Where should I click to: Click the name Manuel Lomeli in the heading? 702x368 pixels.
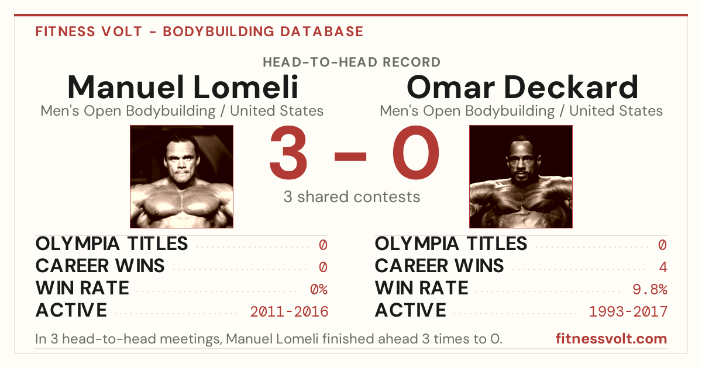click(183, 87)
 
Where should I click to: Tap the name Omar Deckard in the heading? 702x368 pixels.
click(522, 87)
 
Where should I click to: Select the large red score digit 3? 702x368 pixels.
click(288, 152)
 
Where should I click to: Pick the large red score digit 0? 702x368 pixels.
click(416, 152)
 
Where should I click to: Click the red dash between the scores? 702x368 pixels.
click(350, 156)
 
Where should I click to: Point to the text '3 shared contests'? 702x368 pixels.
click(352, 197)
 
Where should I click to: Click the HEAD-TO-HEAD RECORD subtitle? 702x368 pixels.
click(352, 63)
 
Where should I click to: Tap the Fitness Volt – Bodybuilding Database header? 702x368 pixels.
click(199, 32)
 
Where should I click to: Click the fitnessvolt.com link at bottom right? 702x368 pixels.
click(611, 339)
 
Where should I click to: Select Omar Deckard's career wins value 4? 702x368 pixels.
click(663, 267)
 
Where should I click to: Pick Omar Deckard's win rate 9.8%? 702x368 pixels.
click(650, 289)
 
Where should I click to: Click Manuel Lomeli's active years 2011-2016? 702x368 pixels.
click(289, 312)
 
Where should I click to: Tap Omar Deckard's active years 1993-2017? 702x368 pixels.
click(628, 312)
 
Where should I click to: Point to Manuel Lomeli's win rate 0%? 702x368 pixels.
click(319, 289)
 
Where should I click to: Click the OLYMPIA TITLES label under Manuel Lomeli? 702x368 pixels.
click(112, 244)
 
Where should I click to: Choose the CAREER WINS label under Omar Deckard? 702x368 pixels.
click(439, 266)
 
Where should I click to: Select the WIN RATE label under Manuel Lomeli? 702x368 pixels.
click(82, 288)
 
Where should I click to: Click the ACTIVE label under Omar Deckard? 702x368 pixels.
click(410, 310)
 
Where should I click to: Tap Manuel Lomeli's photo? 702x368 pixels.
click(181, 176)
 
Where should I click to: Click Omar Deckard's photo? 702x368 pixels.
click(521, 176)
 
